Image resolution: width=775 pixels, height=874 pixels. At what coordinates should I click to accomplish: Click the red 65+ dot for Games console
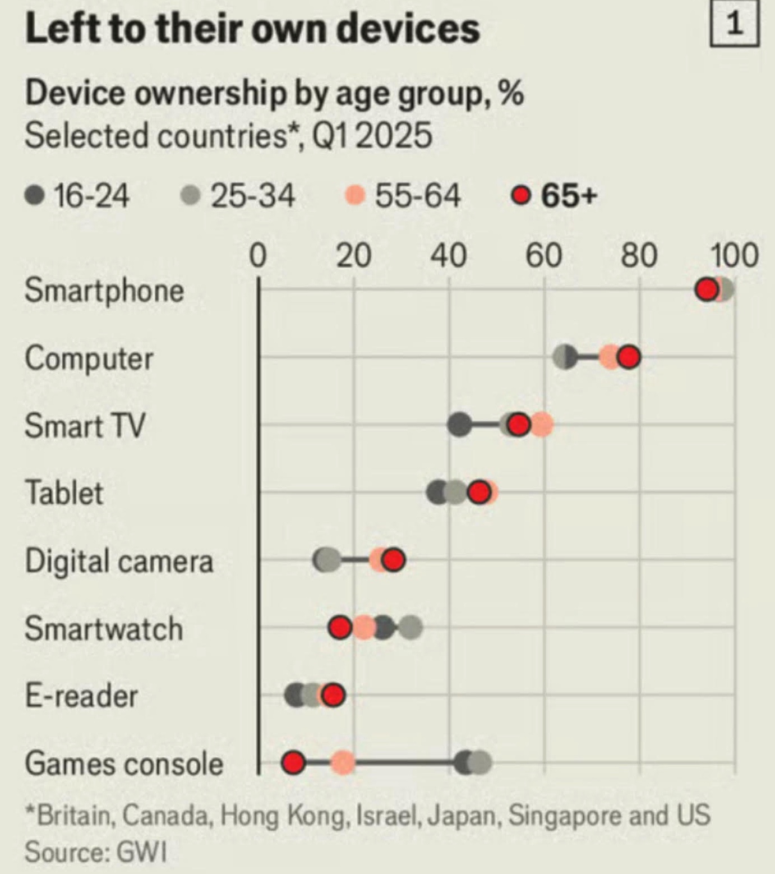[x=293, y=763]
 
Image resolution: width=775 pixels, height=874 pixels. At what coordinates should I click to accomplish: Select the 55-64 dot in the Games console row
[x=343, y=763]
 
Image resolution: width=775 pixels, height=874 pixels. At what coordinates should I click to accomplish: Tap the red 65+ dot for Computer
[x=629, y=357]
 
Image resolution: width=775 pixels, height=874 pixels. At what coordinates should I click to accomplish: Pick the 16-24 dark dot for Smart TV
[x=459, y=425]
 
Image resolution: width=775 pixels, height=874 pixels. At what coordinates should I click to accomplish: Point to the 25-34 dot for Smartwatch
[x=410, y=628]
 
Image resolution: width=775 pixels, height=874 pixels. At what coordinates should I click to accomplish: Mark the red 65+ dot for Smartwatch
[x=340, y=628]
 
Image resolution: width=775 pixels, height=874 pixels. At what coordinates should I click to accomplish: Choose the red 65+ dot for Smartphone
[x=706, y=290]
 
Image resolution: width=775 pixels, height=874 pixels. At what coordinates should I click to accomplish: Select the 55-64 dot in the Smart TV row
[x=541, y=425]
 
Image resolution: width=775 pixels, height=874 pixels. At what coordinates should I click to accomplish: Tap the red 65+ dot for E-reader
[x=333, y=696]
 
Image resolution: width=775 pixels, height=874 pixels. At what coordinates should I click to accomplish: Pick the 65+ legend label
[x=569, y=196]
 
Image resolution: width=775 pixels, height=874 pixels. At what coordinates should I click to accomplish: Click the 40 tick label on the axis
[x=449, y=256]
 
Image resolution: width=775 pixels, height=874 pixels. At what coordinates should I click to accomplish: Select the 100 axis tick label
[x=735, y=256]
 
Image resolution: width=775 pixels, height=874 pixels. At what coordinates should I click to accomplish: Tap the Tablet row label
[x=64, y=493]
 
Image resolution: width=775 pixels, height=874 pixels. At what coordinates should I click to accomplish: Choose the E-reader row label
[x=81, y=696]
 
